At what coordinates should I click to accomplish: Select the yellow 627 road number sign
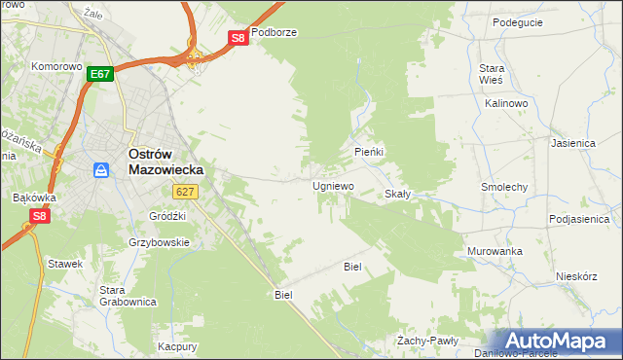click(188, 193)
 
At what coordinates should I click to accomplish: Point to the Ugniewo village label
click(333, 185)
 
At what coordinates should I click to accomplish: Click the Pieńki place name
click(370, 153)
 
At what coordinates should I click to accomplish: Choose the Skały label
click(398, 194)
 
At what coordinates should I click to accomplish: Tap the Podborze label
click(274, 32)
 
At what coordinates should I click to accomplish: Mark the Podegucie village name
click(517, 22)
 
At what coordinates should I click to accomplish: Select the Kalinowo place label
click(505, 102)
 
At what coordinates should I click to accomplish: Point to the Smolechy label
click(504, 186)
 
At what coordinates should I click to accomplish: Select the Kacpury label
click(178, 346)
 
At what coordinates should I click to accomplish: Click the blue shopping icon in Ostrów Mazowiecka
click(101, 170)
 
